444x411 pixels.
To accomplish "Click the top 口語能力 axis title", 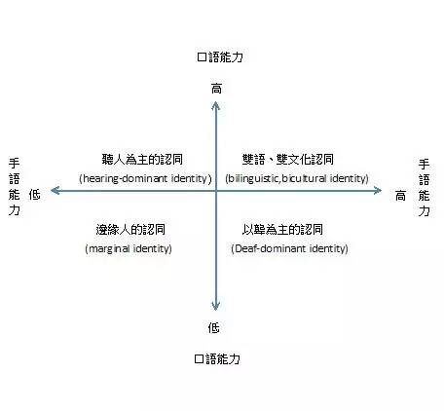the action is pos(220,57).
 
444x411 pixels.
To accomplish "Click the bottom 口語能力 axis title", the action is pos(217,358).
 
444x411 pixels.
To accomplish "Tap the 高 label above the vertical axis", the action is pos(216,89).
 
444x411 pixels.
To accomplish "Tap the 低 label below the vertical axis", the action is pos(214,327).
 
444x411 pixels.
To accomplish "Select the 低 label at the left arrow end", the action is pos(34,194).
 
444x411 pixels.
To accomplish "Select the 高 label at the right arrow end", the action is pos(400,196).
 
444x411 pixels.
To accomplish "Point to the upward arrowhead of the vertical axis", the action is pos(215,105).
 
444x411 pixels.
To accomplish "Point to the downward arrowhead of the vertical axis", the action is pos(215,306).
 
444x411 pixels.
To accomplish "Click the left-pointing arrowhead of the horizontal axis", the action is pos(55,191).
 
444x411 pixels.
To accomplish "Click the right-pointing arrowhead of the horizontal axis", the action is pos(377,191).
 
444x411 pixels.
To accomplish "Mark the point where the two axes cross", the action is pos(216,191).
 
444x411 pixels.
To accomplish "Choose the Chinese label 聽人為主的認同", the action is pos(142,159).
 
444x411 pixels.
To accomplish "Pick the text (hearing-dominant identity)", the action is pos(145,178).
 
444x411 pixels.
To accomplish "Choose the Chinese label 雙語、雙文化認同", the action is pos(288,159).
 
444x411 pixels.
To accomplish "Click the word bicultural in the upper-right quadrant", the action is pos(304,178).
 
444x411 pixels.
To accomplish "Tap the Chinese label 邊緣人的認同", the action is pos(130,230).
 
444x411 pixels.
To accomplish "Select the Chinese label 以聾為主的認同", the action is pos(282,230).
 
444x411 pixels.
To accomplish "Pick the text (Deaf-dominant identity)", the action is pos(289,249).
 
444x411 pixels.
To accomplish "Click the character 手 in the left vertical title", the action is pos(15,163).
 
